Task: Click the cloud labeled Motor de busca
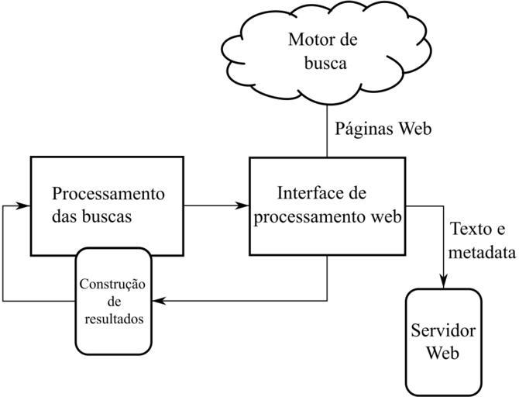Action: [x=326, y=54]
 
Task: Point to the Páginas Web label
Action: [x=383, y=129]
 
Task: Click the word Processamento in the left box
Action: [x=108, y=192]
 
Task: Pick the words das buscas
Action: [x=92, y=216]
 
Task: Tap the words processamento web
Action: [x=326, y=217]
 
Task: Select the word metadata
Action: [x=483, y=253]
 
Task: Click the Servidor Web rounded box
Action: [x=443, y=341]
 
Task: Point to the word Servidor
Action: [x=443, y=331]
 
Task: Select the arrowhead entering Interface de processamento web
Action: [x=243, y=205]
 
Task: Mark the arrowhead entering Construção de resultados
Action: [x=157, y=299]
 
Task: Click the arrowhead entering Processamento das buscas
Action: [x=25, y=206]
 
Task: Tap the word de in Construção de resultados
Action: [x=112, y=300]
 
